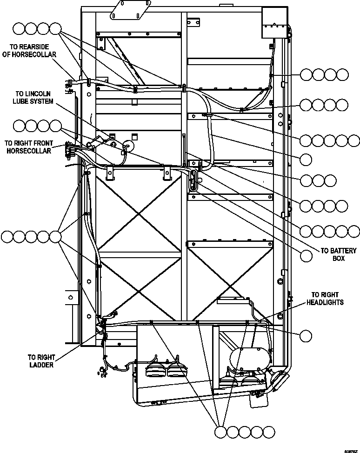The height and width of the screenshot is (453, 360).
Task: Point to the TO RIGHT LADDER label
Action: [41, 361]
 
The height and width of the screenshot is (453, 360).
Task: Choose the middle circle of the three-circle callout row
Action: [318, 180]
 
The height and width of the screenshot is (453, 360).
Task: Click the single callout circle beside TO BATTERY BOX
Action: [306, 255]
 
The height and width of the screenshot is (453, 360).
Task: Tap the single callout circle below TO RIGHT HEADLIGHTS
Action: [306, 335]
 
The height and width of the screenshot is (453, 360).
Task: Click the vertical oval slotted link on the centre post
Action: [193, 180]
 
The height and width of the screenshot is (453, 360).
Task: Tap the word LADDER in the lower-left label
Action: [41, 365]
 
